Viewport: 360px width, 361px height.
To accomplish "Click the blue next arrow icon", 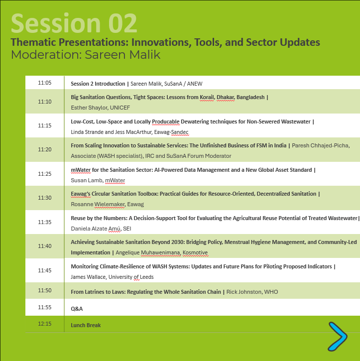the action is (x=338, y=337).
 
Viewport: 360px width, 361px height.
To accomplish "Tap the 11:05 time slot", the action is (x=45, y=83).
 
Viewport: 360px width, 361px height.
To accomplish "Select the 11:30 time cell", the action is (x=45, y=198).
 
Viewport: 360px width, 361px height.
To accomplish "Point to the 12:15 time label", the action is (x=45, y=324).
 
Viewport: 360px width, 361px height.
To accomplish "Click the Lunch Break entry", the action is (x=86, y=325).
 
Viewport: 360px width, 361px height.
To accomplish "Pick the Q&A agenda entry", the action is (x=77, y=309).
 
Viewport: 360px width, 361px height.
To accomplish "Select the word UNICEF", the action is (x=120, y=108).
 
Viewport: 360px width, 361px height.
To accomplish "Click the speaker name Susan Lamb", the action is (x=87, y=180).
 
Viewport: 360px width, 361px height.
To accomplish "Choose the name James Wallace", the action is (x=89, y=277).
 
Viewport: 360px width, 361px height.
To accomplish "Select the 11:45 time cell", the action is (x=45, y=270).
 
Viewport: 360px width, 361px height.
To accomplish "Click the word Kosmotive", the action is (x=195, y=252).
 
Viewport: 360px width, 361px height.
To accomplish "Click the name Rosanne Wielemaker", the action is (x=98, y=204).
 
